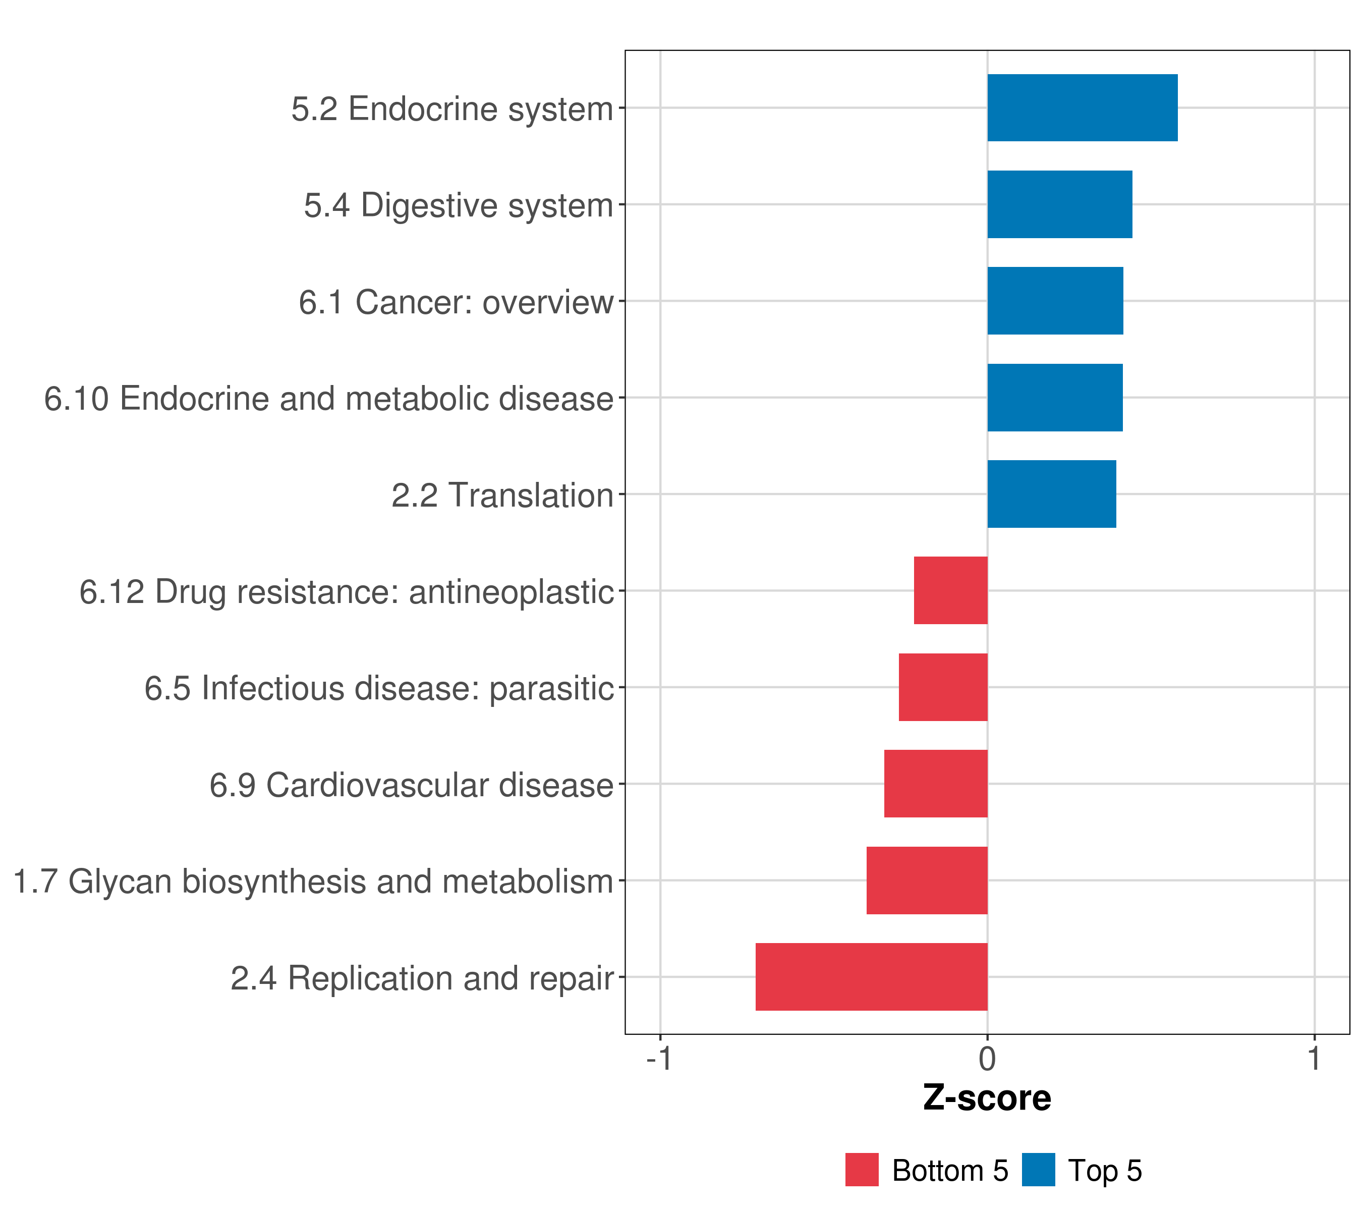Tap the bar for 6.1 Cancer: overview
tap(1055, 301)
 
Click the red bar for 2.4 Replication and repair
tap(872, 977)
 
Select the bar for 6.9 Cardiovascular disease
tap(936, 784)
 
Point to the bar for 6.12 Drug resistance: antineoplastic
tap(951, 590)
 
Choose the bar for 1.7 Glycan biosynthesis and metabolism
tap(927, 880)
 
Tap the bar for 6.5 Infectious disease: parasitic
tap(943, 687)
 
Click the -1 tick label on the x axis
tap(660, 1059)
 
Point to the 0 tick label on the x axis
tap(988, 1059)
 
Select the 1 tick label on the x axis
tap(1315, 1059)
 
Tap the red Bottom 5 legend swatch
tap(862, 1170)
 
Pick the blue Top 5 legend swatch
tap(1038, 1170)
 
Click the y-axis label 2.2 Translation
tap(502, 495)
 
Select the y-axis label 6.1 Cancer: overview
tap(456, 302)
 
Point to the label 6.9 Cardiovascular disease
tap(411, 785)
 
